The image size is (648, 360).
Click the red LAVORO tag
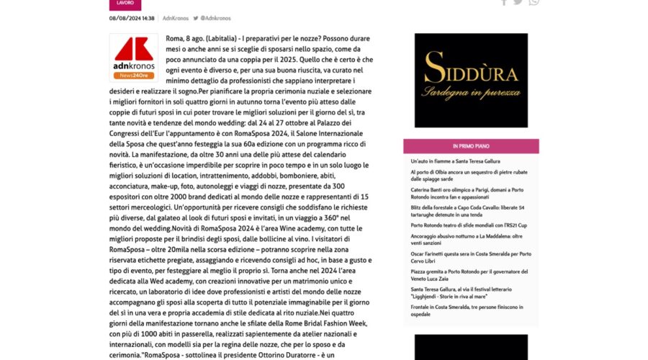click(x=120, y=4)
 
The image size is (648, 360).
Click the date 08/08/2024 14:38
click(x=132, y=18)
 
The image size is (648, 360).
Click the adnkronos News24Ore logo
click(x=133, y=59)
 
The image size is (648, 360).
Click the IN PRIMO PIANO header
click(x=471, y=146)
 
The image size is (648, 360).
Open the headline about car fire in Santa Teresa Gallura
click(x=455, y=161)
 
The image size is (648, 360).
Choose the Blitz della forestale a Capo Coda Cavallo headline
click(x=472, y=210)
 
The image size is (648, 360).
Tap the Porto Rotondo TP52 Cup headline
click(x=468, y=225)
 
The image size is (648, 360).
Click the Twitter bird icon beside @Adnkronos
click(x=195, y=18)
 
